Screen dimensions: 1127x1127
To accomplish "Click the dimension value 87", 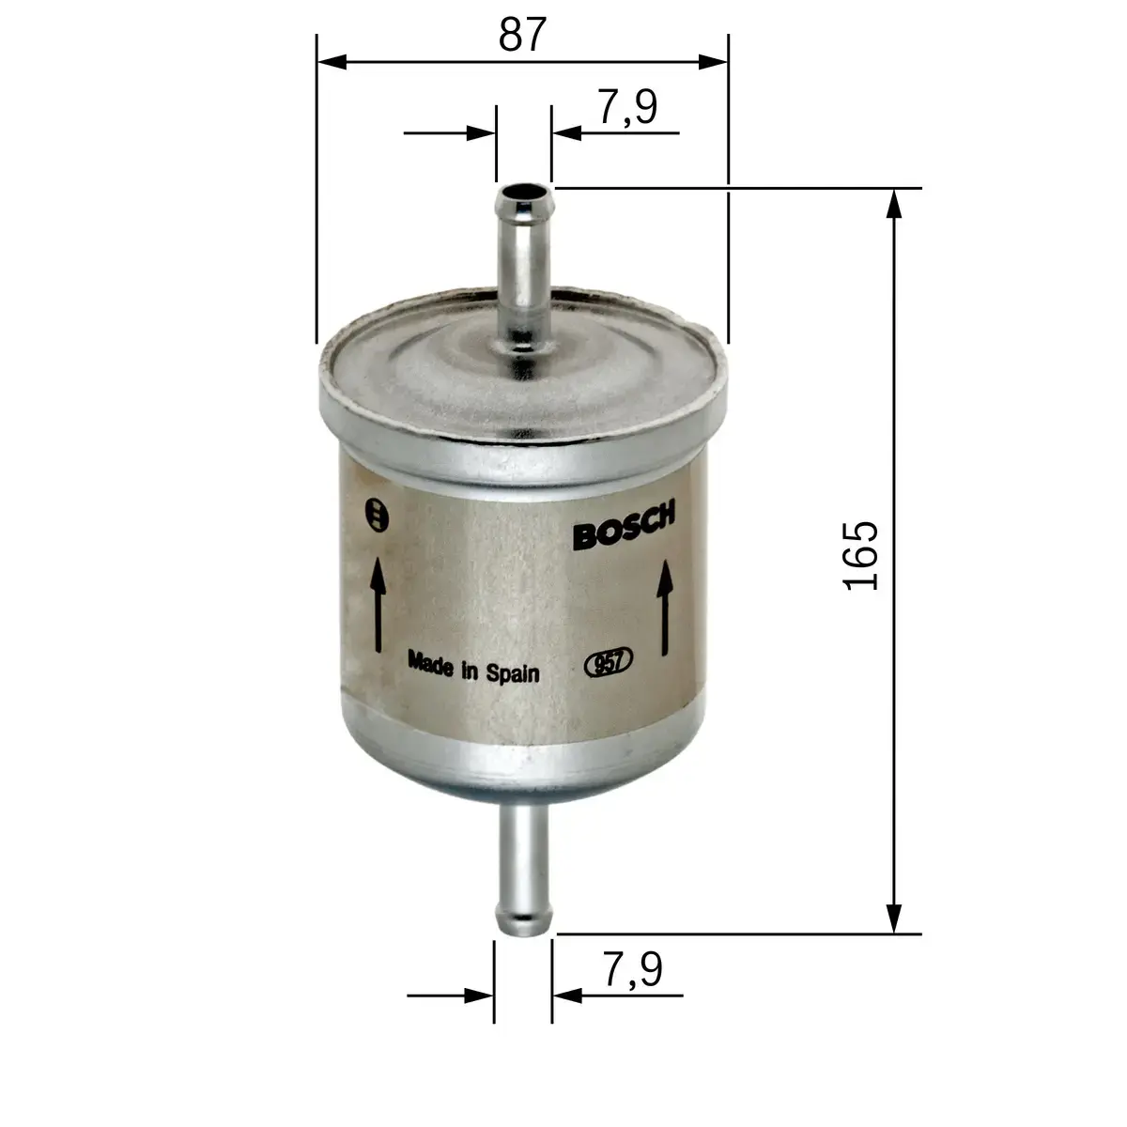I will (522, 35).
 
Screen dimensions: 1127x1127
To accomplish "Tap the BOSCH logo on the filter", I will (624, 529).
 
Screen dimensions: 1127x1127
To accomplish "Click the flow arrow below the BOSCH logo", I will (665, 608).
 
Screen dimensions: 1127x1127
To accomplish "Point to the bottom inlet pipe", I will (522, 869).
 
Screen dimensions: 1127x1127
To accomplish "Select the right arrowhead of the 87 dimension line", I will (715, 62).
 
